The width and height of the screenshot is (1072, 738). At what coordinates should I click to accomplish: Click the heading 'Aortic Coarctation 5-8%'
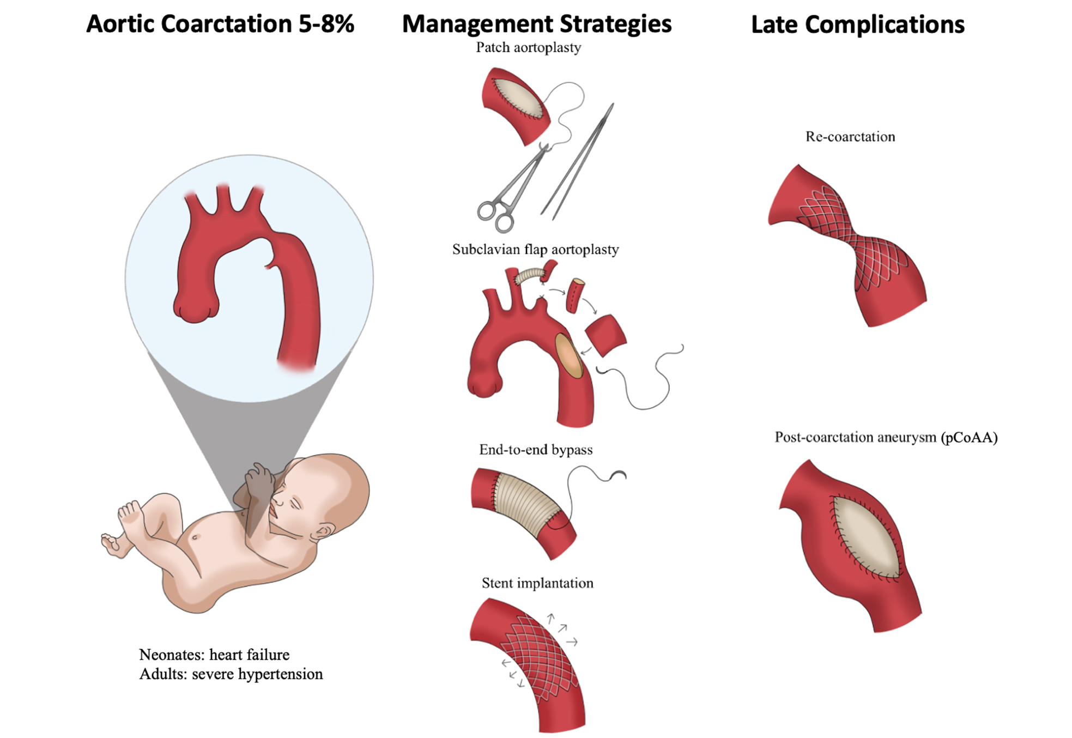point(220,24)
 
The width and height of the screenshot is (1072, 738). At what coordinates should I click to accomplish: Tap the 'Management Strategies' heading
point(536,24)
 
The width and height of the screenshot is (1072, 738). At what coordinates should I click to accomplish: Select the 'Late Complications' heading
point(857,25)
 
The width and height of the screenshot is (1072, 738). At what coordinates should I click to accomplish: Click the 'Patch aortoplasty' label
point(528,48)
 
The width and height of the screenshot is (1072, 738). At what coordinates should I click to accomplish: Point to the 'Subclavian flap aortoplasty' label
point(535,250)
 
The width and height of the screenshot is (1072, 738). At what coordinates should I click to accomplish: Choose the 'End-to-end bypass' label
point(535,450)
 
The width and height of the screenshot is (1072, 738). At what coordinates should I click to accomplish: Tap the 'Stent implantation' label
point(537,583)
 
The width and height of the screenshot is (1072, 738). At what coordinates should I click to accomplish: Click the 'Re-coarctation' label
point(850,137)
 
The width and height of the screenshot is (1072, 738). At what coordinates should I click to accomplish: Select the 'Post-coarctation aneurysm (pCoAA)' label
point(886,437)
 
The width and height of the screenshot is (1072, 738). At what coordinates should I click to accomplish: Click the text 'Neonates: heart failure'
point(214,655)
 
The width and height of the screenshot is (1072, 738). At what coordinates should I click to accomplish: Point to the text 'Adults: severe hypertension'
point(231,674)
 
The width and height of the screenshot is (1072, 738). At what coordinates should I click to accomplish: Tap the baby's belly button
point(196,537)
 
